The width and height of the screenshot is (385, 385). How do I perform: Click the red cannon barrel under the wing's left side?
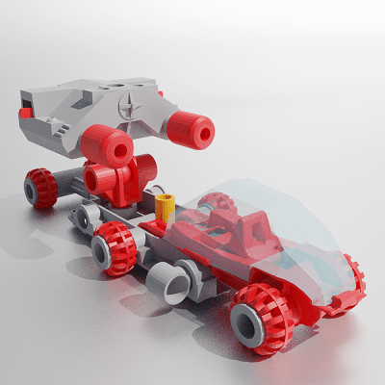(x=105, y=145)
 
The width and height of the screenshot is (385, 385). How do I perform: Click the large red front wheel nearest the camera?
(x=261, y=317)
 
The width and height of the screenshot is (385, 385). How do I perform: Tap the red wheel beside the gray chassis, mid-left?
(x=115, y=247)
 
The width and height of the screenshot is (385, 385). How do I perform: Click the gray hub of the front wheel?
(x=248, y=324)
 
